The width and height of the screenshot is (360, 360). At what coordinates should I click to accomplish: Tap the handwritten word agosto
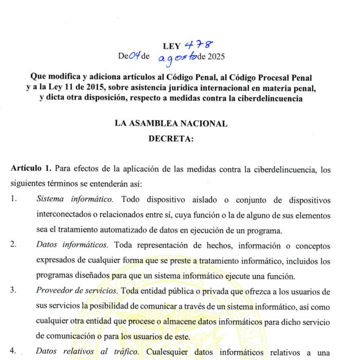click(178, 59)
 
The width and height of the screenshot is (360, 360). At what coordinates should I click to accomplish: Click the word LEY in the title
click(171, 47)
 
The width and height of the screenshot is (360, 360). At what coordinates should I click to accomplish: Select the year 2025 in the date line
click(215, 57)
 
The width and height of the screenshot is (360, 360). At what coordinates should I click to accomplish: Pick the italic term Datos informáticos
click(73, 246)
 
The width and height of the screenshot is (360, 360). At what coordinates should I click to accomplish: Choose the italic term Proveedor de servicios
click(77, 291)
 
